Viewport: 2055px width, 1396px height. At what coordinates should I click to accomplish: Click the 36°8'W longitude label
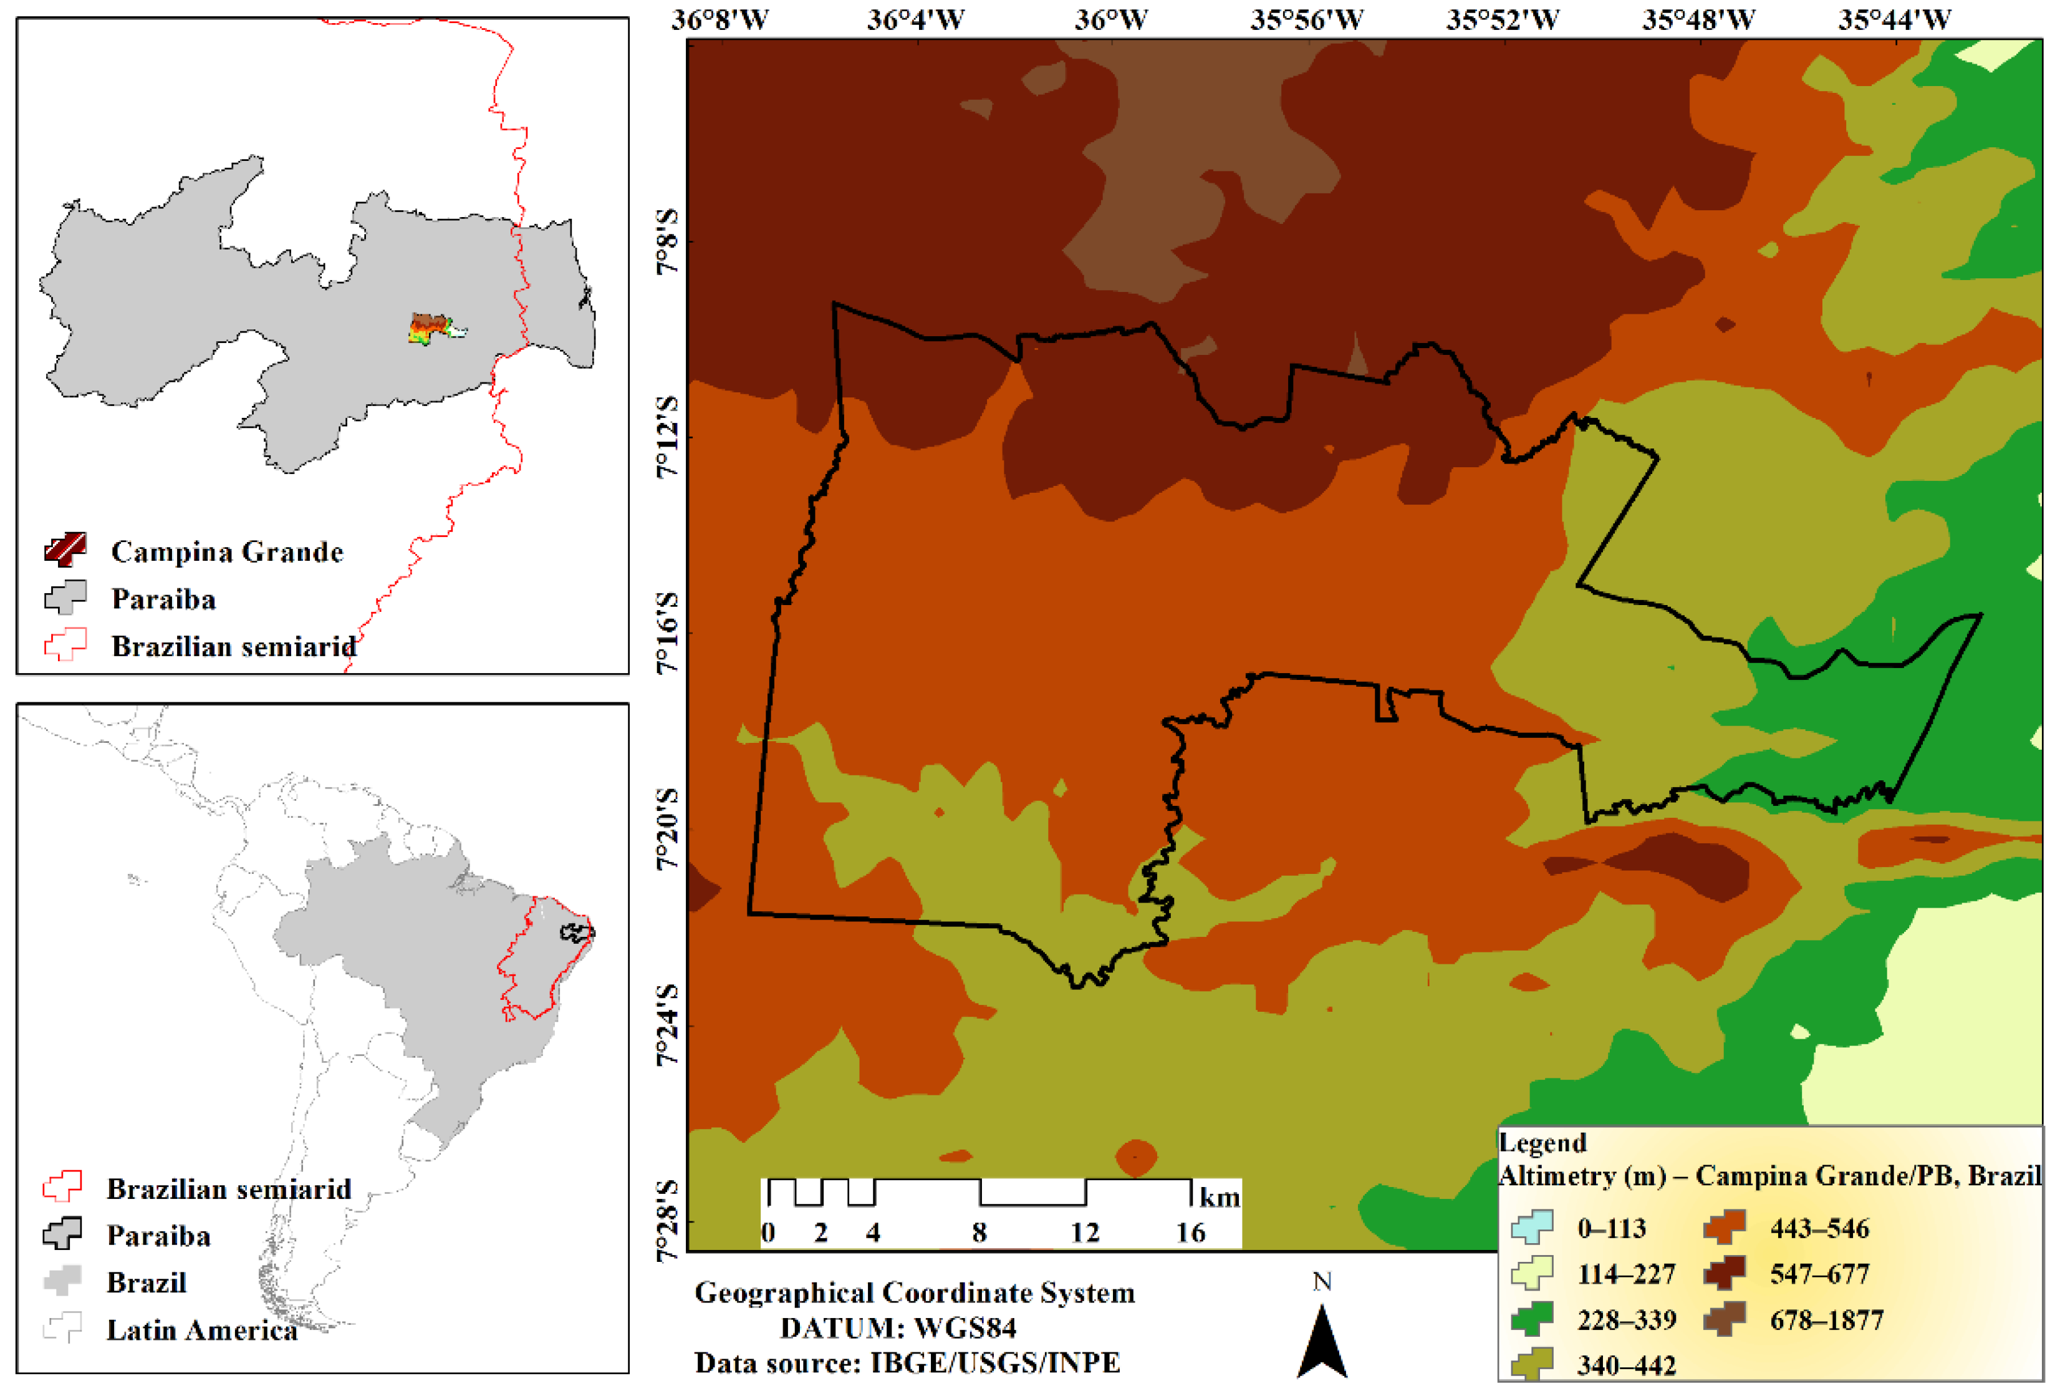coord(719,19)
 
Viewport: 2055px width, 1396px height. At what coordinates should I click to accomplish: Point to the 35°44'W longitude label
coord(1894,19)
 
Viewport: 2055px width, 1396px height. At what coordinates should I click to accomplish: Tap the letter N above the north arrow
coord(1322,1282)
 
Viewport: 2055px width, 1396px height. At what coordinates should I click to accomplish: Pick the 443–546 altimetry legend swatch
coord(1725,1227)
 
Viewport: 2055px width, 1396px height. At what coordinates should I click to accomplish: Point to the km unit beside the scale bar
coord(1220,1198)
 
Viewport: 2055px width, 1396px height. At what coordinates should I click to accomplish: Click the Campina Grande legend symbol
coord(65,550)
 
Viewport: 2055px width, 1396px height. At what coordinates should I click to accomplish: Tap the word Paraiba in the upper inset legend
coord(163,599)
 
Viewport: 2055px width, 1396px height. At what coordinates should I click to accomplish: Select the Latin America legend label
coord(201,1330)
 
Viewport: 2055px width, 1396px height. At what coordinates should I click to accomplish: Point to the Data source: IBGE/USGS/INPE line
coord(907,1362)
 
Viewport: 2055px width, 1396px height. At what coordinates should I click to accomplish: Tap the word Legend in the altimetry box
coord(1543,1143)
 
